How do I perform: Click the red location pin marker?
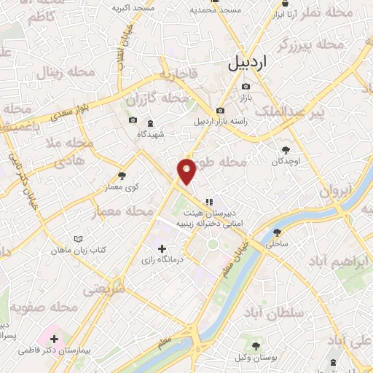click(187, 171)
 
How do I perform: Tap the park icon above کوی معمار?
click(121, 176)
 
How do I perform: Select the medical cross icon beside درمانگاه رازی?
click(162, 249)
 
